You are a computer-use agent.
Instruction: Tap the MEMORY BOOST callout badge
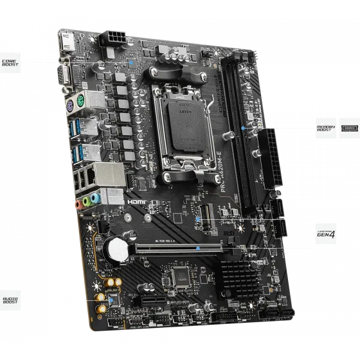tap(325, 126)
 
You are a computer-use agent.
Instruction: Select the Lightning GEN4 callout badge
tap(323, 230)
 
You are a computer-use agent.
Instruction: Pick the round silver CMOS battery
tap(117, 248)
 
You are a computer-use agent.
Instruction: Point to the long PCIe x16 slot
tap(177, 247)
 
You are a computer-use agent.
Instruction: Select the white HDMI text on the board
tap(137, 201)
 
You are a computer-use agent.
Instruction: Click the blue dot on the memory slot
tap(242, 128)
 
